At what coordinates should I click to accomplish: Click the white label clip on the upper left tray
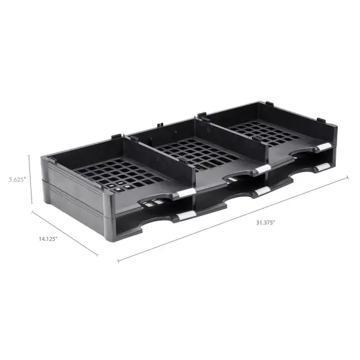click(185, 190)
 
